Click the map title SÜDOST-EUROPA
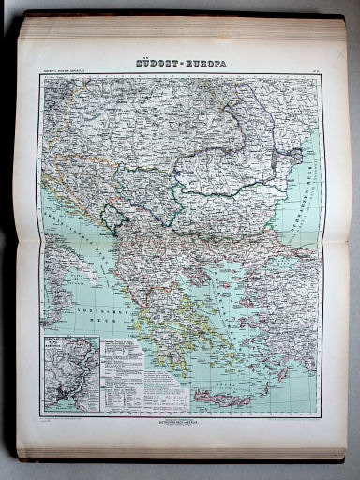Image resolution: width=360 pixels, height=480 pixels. coord(181,64)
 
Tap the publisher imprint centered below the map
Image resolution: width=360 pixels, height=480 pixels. coord(181,420)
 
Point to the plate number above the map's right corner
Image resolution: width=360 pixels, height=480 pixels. coord(314,74)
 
